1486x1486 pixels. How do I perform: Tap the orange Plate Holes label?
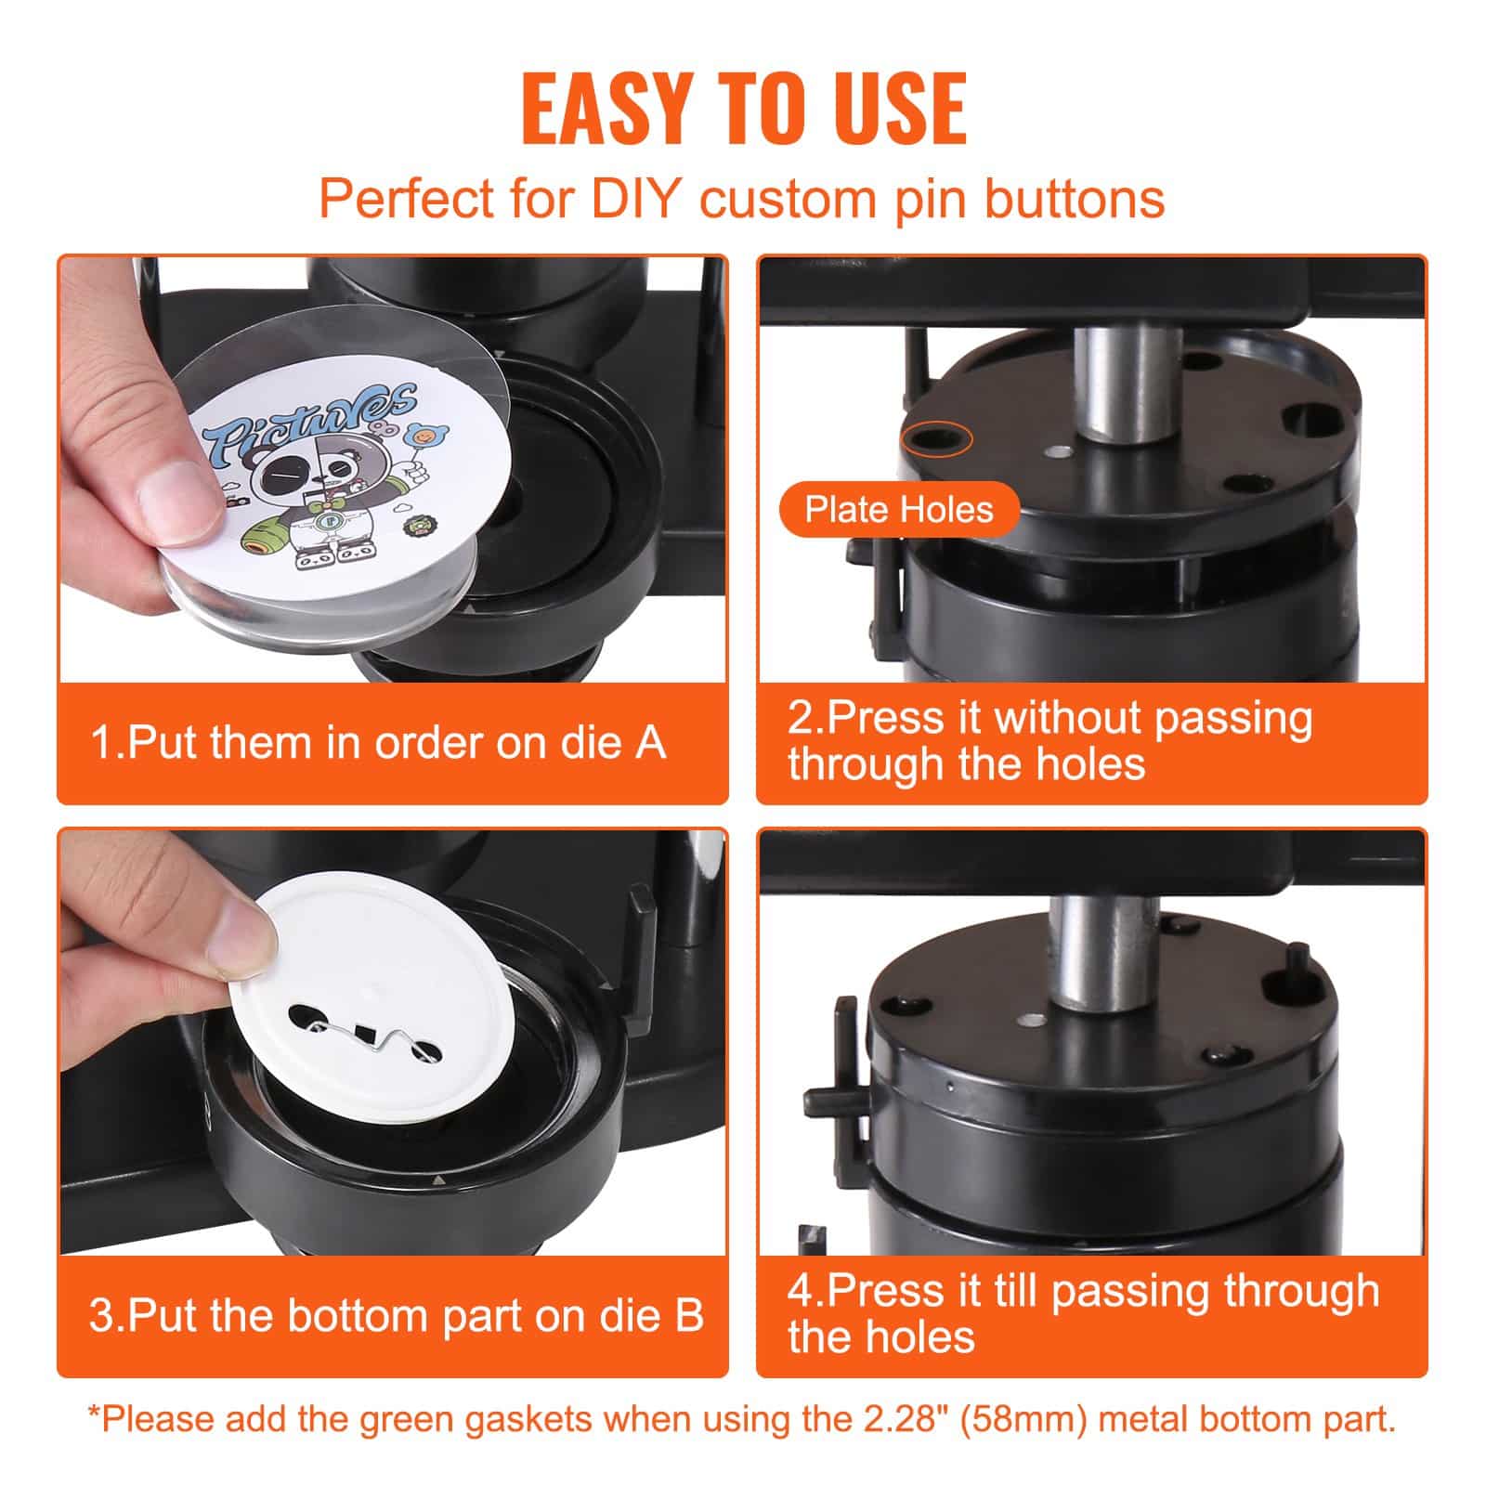[x=899, y=509]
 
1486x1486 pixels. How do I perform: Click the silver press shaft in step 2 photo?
[x=1118, y=381]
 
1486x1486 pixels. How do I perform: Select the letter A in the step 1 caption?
[x=650, y=743]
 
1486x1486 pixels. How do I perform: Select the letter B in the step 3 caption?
[x=688, y=1316]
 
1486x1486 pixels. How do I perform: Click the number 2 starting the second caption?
[x=799, y=719]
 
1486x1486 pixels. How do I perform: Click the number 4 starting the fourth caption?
[x=800, y=1292]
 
